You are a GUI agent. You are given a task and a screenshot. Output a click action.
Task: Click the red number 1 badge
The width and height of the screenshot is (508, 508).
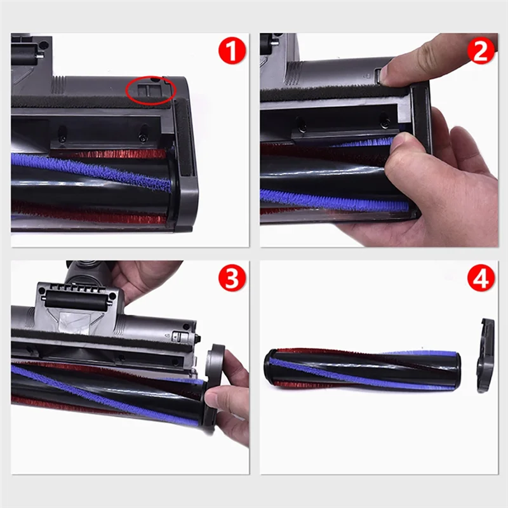(232, 51)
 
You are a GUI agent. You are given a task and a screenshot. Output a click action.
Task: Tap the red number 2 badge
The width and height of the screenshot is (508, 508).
(481, 51)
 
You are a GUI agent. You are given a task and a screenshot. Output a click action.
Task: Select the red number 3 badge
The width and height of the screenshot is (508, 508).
(232, 278)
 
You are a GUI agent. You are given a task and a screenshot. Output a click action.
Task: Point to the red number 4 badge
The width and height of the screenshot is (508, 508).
(481, 278)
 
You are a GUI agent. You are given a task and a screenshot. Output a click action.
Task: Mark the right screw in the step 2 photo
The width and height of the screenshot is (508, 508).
(384, 121)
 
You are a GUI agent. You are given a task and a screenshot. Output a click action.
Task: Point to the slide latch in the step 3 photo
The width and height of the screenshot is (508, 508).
(177, 337)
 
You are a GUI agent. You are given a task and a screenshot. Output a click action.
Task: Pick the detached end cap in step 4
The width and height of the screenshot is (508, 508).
(485, 356)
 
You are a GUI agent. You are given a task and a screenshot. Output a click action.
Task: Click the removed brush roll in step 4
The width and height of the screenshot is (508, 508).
(362, 368)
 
